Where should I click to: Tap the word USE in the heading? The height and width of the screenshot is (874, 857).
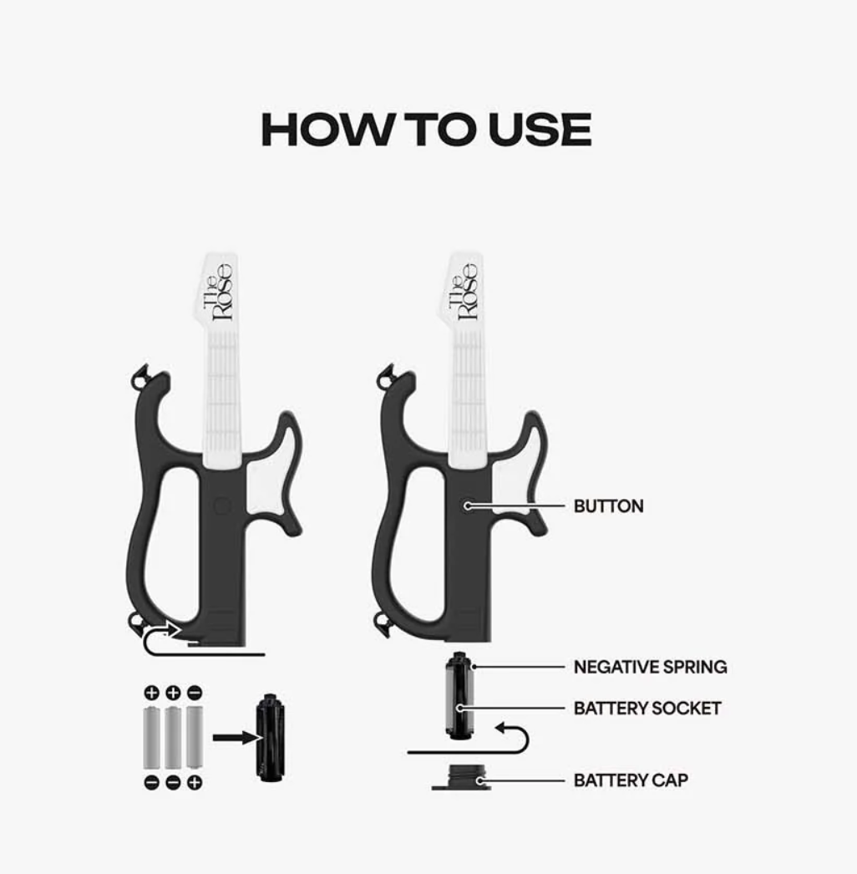(540, 130)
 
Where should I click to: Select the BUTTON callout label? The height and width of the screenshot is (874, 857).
(608, 506)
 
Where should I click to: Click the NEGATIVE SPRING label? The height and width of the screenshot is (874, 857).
(651, 667)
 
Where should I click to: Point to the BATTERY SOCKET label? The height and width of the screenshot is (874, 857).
(647, 709)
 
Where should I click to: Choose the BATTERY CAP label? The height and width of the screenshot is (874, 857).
(631, 780)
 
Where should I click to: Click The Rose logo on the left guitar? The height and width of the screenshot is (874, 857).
(217, 292)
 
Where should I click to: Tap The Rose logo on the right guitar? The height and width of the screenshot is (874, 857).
(464, 292)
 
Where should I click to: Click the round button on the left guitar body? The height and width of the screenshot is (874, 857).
(222, 506)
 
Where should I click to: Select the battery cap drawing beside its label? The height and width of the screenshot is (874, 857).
(461, 777)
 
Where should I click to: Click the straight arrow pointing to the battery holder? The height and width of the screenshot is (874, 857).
(237, 738)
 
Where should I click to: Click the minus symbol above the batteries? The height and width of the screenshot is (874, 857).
(195, 693)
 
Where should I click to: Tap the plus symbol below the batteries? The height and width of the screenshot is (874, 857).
(195, 783)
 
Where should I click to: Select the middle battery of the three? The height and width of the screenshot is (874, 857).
(173, 738)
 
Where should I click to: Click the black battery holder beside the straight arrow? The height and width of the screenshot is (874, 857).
(271, 738)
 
